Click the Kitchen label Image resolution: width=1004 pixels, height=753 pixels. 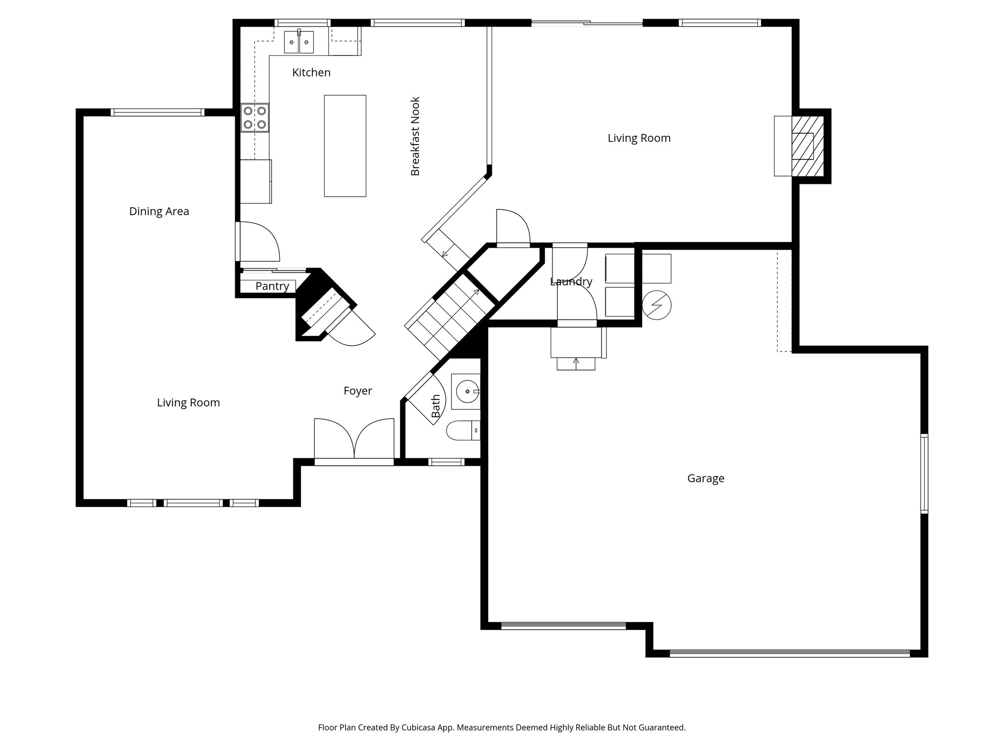pos(311,73)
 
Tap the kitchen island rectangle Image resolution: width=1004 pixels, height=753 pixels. pos(345,146)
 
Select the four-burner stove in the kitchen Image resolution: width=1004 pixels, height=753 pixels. pos(255,118)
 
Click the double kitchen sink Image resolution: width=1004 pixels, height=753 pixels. pos(299,42)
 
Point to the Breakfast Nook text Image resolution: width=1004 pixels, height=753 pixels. pos(415,136)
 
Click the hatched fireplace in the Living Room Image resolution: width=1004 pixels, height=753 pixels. pos(807,146)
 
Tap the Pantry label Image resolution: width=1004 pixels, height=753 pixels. pos(272,286)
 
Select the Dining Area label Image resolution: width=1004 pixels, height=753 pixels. pos(159,211)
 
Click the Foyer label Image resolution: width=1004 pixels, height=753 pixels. pos(357,391)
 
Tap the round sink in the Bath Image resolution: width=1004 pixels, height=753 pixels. pos(466,391)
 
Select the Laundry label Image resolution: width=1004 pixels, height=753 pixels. pos(571,282)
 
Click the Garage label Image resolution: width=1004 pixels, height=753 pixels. pos(705,478)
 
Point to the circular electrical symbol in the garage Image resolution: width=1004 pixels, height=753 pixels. pos(656,305)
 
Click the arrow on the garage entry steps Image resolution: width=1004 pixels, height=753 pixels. pos(576,363)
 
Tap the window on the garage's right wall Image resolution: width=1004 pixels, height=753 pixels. pos(924,474)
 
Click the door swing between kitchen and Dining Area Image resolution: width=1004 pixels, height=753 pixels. pos(258,241)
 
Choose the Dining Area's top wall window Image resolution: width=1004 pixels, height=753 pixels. pos(157,112)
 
